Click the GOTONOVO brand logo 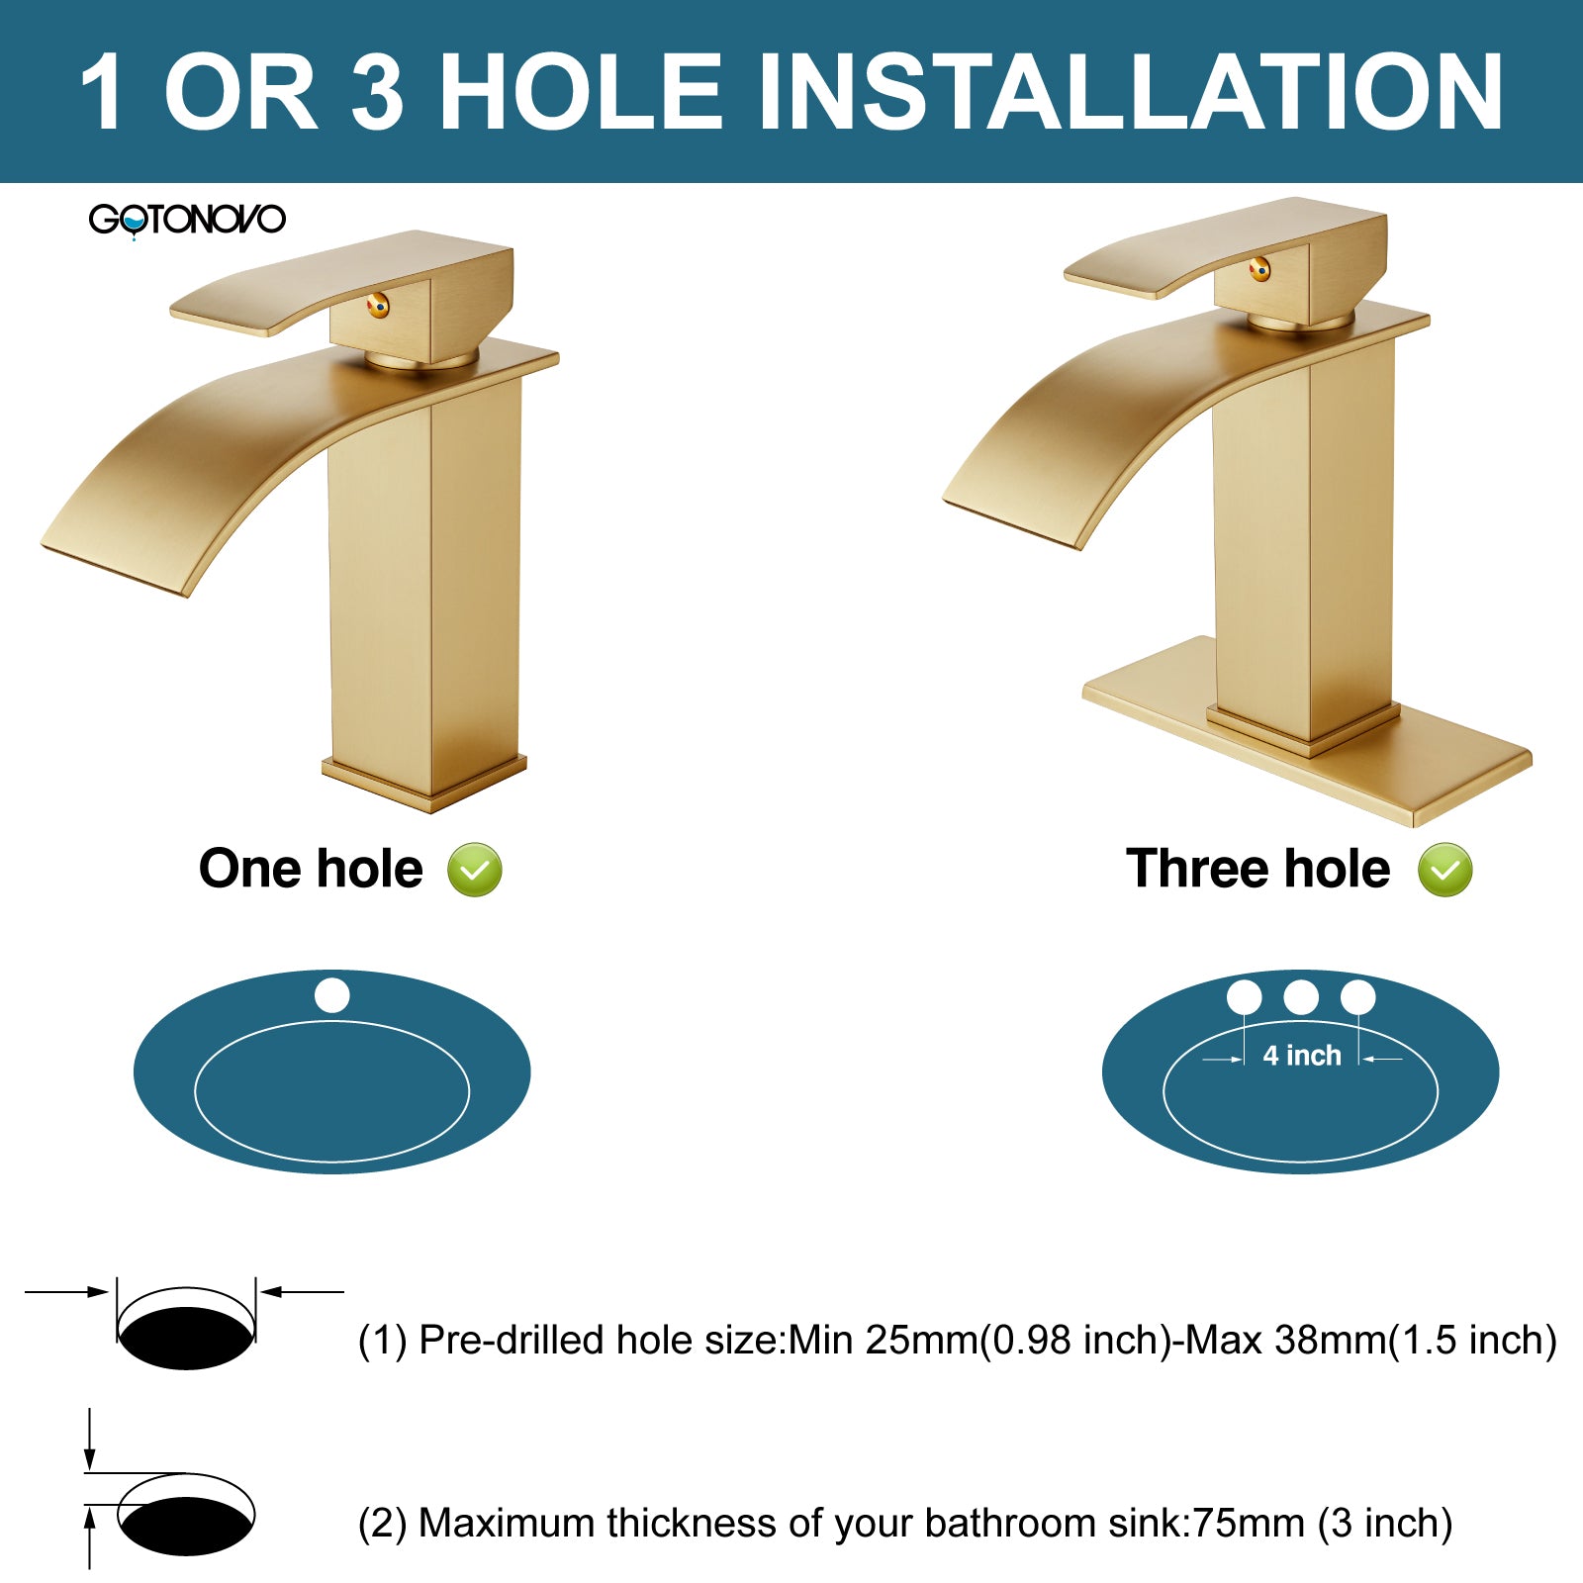[x=187, y=219]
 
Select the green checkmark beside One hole [x=475, y=870]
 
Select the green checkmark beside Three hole [x=1444, y=870]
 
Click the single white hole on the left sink [x=332, y=995]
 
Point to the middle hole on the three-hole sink [x=1301, y=997]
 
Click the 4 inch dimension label [x=1302, y=1056]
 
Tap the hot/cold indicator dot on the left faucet [x=378, y=307]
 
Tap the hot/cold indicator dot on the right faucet [x=1259, y=268]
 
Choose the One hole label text [x=311, y=869]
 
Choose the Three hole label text [x=1257, y=869]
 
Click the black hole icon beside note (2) [x=186, y=1526]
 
